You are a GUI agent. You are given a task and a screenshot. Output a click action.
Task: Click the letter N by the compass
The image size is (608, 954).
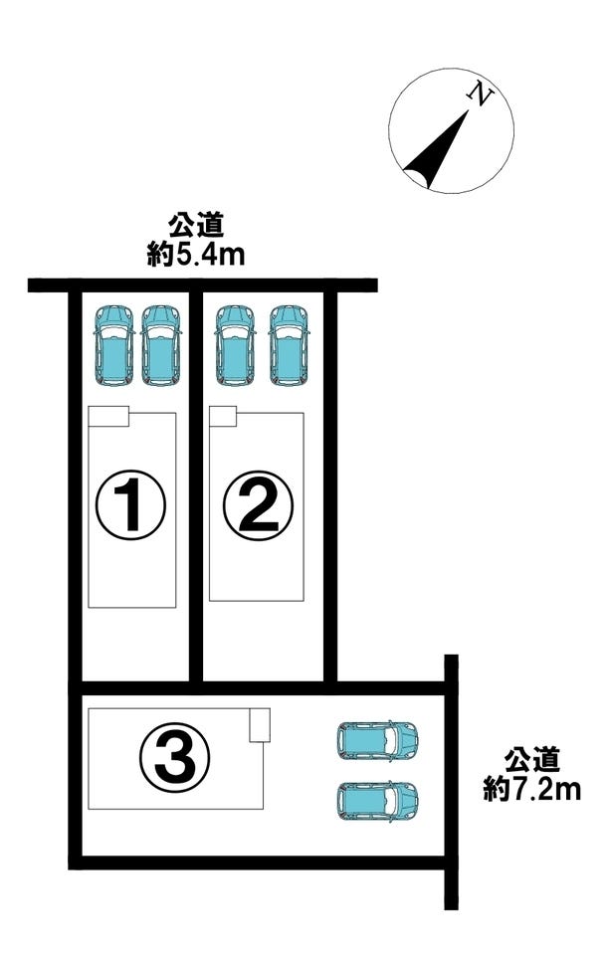point(482,96)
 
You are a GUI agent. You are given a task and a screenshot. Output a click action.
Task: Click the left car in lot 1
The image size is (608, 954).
point(113,344)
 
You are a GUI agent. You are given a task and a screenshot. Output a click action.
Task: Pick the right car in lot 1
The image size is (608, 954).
point(161,344)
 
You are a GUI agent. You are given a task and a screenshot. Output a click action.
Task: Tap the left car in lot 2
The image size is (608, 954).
point(235,344)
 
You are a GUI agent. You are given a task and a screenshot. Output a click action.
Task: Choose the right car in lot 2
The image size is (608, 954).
point(290,344)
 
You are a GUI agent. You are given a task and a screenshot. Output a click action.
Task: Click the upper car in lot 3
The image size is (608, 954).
point(377,739)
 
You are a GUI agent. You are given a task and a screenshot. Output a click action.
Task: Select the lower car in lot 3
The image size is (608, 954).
point(377,801)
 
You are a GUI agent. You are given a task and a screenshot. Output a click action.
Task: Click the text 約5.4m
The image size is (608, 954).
point(196,255)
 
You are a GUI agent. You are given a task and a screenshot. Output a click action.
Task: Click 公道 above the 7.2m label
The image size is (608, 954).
point(532,762)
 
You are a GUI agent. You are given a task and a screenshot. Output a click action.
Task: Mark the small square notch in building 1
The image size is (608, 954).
point(109,416)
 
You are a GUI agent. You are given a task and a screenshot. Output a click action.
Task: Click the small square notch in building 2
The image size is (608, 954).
point(223,416)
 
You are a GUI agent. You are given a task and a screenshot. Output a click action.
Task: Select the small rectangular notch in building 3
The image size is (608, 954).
point(260,724)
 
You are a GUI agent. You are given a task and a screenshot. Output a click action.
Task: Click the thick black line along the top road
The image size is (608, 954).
point(203,286)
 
